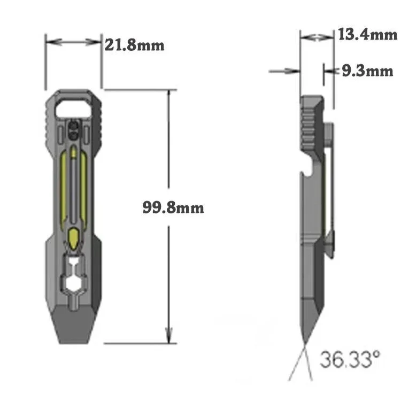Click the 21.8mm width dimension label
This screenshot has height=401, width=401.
tap(134, 45)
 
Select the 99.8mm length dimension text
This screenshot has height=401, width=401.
tap(173, 207)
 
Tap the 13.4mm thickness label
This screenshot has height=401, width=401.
tap(367, 35)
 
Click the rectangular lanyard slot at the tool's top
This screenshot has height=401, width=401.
tap(73, 105)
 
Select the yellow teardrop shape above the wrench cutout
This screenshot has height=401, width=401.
tap(73, 236)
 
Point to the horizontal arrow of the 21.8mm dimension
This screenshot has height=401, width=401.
tap(73, 41)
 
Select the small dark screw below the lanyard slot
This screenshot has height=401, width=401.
tap(73, 128)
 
